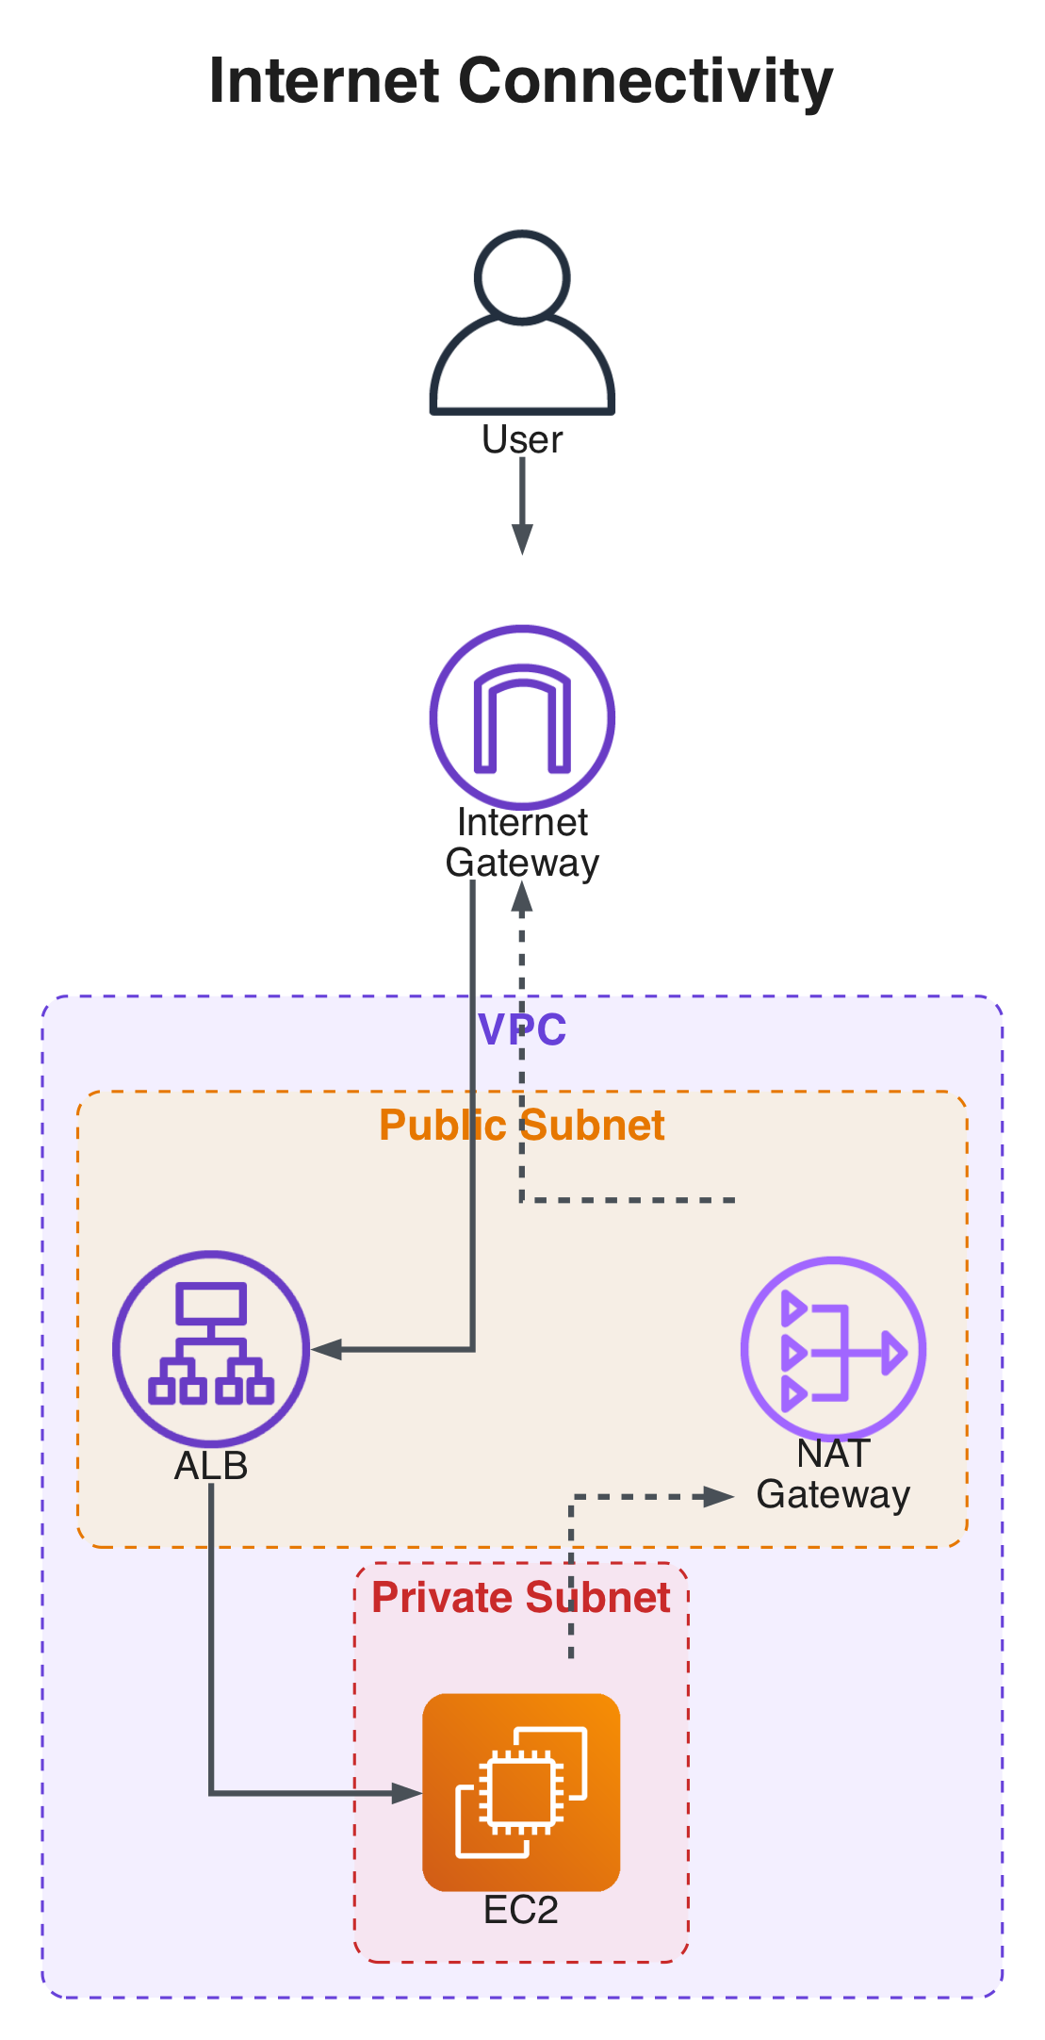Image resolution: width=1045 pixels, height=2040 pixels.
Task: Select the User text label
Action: (x=522, y=440)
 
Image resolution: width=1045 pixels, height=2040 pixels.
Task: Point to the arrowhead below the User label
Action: (x=522, y=539)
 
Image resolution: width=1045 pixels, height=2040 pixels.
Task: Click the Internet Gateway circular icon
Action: (x=522, y=716)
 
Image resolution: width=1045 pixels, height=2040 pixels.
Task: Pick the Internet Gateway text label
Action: (x=522, y=843)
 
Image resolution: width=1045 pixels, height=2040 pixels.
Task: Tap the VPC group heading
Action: (x=522, y=1028)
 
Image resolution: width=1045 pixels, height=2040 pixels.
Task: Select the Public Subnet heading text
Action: (x=522, y=1125)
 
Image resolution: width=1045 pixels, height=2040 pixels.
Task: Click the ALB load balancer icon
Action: (x=211, y=1349)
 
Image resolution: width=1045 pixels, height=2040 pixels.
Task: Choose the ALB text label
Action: (x=211, y=1466)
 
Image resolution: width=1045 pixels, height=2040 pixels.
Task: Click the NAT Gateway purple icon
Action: (x=833, y=1349)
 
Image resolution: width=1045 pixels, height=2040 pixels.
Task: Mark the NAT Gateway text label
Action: (x=833, y=1474)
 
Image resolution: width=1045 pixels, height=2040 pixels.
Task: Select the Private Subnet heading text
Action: (x=521, y=1597)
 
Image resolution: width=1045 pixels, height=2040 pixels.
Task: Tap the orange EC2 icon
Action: (x=521, y=1792)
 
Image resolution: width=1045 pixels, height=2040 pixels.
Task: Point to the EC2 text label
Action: (x=521, y=1910)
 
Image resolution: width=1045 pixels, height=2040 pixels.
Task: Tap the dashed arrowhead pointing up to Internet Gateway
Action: (x=522, y=898)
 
